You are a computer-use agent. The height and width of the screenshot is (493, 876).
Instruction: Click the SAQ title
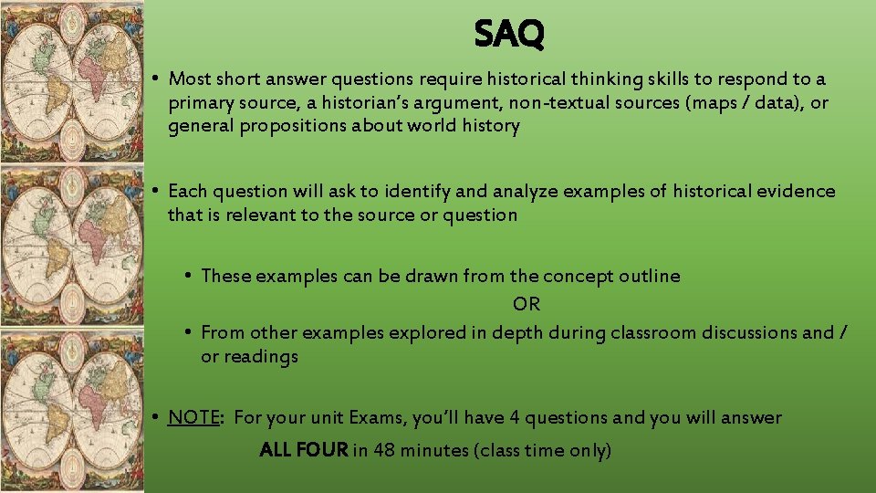click(509, 35)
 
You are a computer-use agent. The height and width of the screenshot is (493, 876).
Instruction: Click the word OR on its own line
click(527, 304)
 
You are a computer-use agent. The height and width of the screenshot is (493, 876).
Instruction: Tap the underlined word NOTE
click(193, 417)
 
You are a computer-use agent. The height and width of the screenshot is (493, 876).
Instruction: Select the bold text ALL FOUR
click(304, 450)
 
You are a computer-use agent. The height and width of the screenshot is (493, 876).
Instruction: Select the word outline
click(650, 276)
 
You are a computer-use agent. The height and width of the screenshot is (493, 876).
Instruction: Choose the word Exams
click(370, 417)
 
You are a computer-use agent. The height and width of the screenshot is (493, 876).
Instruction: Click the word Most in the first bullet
click(190, 79)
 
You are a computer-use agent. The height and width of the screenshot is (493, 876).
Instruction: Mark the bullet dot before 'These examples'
click(187, 276)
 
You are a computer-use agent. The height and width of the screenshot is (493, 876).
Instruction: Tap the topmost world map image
click(71, 82)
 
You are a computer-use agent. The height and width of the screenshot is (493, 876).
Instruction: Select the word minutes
click(432, 450)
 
